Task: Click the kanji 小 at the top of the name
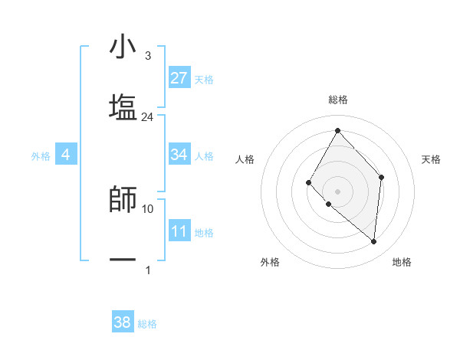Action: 123,47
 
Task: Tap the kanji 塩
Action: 123,106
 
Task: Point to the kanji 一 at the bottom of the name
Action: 123,260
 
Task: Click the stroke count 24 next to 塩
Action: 147,117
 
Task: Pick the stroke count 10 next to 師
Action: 148,208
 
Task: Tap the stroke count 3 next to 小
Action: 147,57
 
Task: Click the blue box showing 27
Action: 179,78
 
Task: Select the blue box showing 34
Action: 179,155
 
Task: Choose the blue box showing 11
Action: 179,231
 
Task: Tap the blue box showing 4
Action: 66,155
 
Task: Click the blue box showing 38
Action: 123,322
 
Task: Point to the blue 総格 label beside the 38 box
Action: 147,324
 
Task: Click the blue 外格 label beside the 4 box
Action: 41,156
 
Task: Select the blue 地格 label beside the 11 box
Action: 204,232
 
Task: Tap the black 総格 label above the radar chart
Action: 338,100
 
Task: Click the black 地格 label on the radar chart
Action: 402,262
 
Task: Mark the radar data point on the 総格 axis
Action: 337,129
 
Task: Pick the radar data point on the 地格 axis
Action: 373,241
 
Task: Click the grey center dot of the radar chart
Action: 337,191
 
